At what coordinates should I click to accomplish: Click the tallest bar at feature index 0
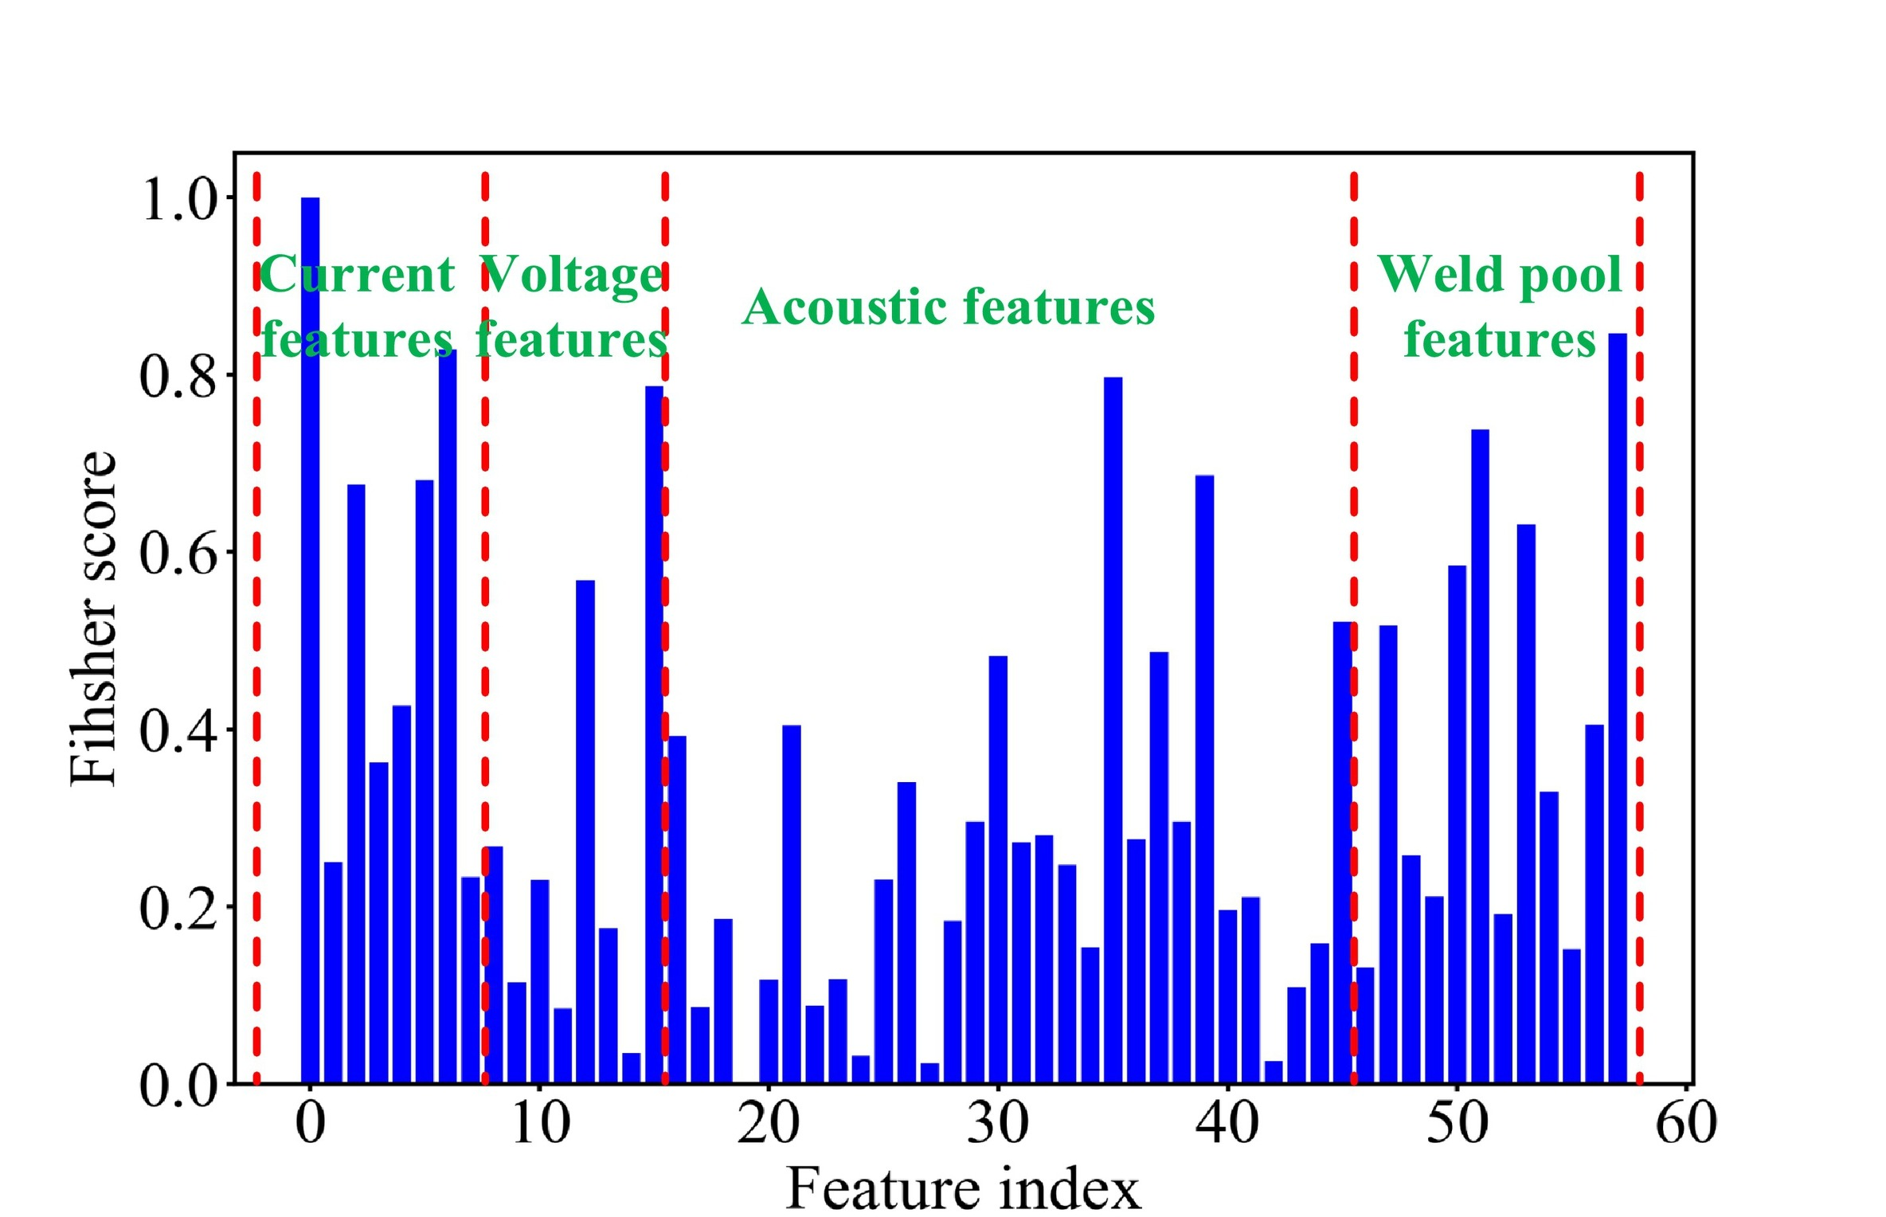coord(310,637)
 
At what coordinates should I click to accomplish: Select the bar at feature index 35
coord(1113,729)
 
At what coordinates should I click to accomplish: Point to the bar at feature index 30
coord(998,868)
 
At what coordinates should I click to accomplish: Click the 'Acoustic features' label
coord(948,307)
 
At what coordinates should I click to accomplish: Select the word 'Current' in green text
coord(357,275)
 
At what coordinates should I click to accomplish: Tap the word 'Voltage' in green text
coord(572,276)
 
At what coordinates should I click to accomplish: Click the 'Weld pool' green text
coord(1500,275)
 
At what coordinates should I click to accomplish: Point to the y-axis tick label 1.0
coord(180,199)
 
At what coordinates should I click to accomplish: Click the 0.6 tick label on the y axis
coord(178,554)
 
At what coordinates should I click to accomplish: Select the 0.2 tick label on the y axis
coord(178,908)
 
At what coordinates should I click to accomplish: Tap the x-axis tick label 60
coord(1685,1123)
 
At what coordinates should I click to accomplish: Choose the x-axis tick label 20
coord(768,1123)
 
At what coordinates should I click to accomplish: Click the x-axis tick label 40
coord(1227,1123)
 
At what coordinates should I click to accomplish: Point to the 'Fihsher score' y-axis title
coord(94,617)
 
